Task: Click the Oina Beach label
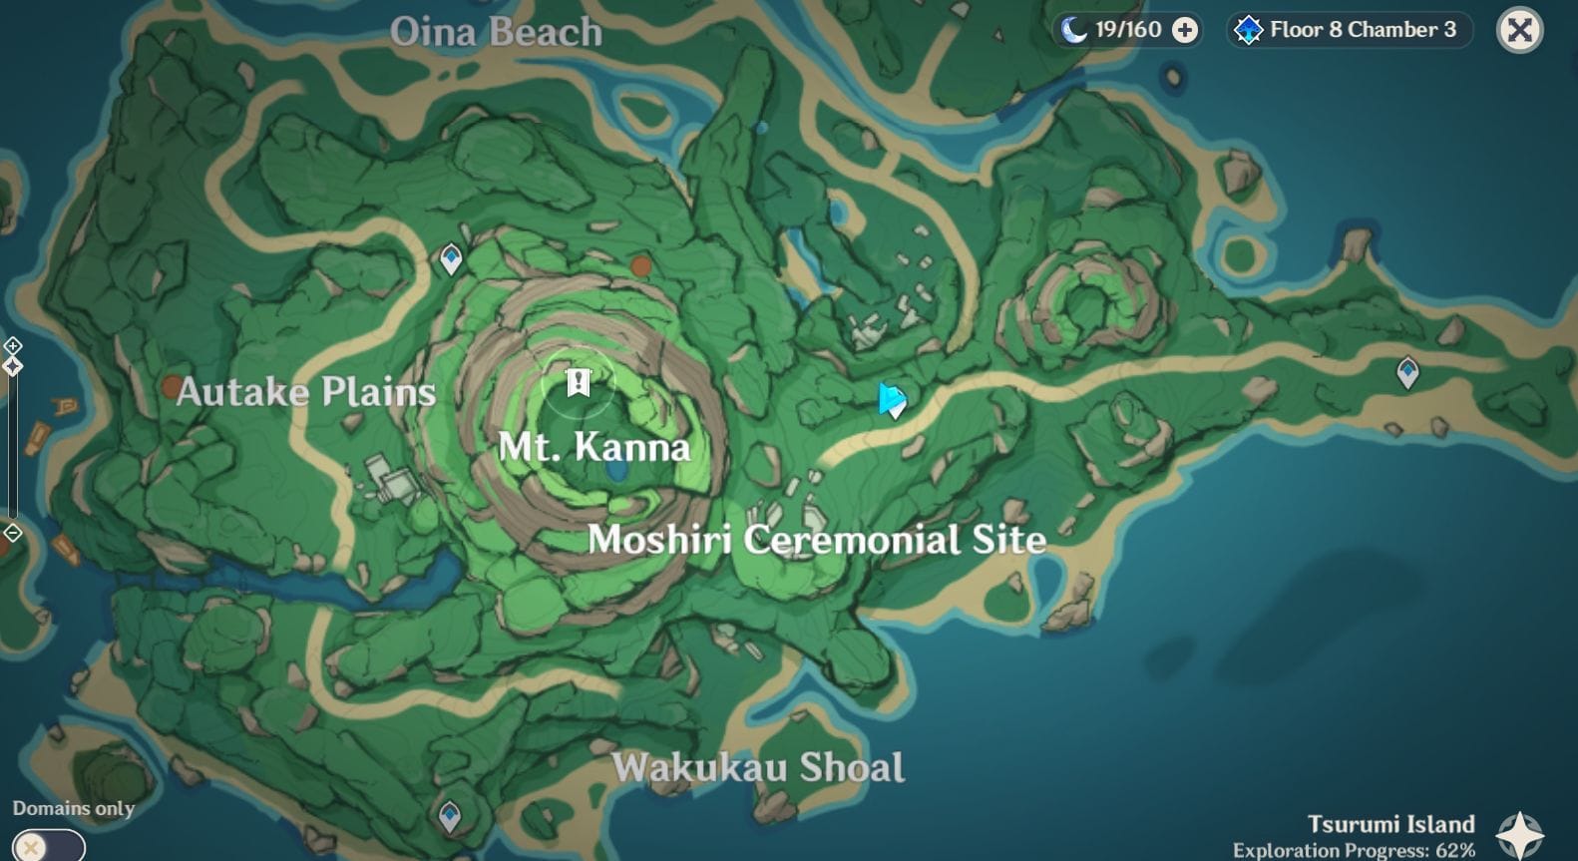(496, 32)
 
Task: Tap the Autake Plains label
(305, 392)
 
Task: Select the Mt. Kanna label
(593, 446)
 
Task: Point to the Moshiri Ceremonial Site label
(816, 540)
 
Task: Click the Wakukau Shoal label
(758, 767)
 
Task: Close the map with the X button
(1519, 30)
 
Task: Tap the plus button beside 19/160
(1184, 30)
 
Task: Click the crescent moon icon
(1073, 30)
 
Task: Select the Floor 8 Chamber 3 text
(1363, 30)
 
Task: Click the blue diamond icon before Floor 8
(1248, 30)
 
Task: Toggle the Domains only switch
(48, 846)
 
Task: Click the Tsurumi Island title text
(1390, 824)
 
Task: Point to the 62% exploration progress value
(1455, 850)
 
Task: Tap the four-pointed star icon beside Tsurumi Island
(1519, 834)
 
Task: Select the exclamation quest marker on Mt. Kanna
(579, 382)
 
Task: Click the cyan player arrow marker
(891, 400)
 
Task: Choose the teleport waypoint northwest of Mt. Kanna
(451, 258)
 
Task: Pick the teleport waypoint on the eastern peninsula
(1407, 372)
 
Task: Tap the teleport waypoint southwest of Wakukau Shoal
(450, 816)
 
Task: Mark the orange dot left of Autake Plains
(172, 387)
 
